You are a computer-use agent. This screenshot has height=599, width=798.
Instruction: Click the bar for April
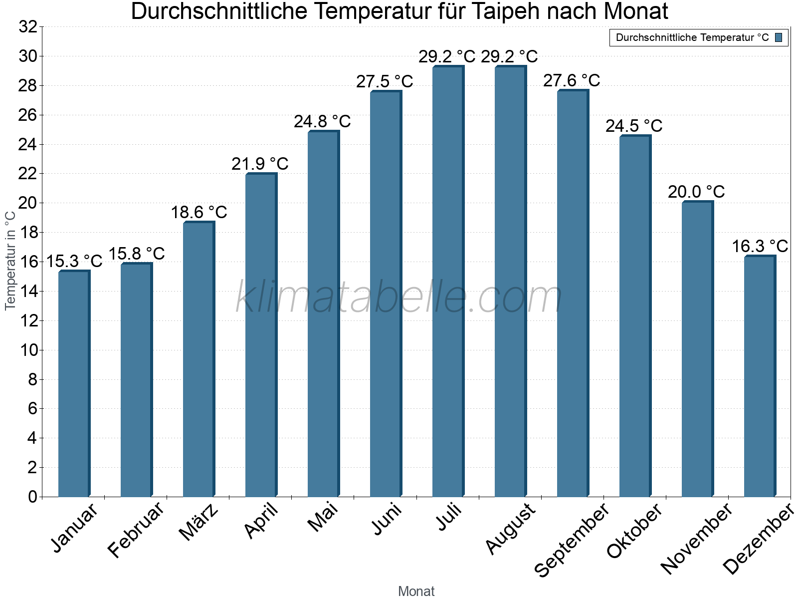tap(261, 334)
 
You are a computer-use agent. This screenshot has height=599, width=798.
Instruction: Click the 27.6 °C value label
tap(572, 80)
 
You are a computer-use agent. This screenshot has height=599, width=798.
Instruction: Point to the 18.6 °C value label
tap(199, 213)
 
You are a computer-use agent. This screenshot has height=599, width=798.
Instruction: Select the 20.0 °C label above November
tap(696, 192)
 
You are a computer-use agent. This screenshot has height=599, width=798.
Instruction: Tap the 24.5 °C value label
tap(634, 126)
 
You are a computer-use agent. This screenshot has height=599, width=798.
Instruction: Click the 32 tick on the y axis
tap(28, 27)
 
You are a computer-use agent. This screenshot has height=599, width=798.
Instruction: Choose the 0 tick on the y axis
tap(32, 497)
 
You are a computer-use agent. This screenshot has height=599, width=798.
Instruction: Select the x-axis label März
tap(199, 522)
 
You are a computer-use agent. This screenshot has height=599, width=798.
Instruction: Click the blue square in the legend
tap(779, 37)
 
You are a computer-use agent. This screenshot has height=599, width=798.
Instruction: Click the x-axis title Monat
tap(416, 592)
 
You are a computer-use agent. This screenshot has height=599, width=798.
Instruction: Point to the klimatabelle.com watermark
tap(399, 297)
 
